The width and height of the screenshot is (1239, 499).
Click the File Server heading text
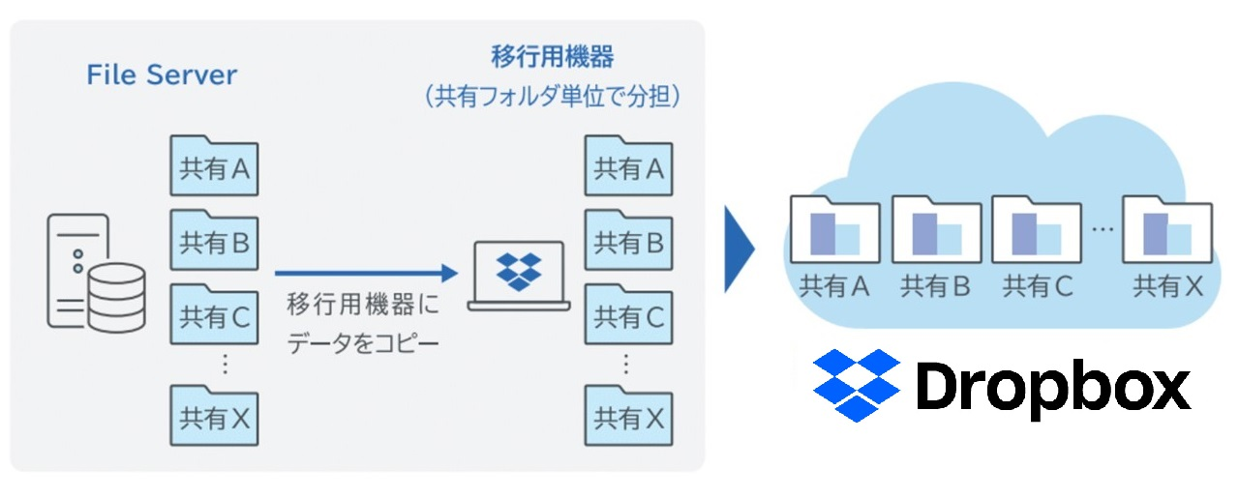tap(162, 75)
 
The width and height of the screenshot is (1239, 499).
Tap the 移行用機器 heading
tap(552, 57)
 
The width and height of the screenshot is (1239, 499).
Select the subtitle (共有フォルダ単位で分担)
tap(552, 99)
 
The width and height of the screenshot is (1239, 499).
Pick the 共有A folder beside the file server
tap(214, 166)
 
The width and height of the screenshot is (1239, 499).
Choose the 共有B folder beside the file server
tap(214, 241)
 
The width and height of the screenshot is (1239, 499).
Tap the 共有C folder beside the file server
tap(214, 314)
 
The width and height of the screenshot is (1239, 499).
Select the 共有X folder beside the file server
tap(214, 416)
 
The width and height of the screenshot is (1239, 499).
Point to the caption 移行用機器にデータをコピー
tap(363, 324)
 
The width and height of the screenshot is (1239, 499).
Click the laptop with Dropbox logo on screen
tap(519, 276)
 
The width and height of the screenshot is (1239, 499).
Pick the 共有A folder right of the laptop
tap(628, 166)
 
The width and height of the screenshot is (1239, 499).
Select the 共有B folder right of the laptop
tap(628, 241)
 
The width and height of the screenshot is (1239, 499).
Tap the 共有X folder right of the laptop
tap(628, 416)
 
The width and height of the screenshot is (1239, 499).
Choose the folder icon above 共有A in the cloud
tap(834, 230)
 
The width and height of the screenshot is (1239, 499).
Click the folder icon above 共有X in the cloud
tap(1167, 230)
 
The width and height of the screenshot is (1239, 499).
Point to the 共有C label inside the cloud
tap(1038, 287)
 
